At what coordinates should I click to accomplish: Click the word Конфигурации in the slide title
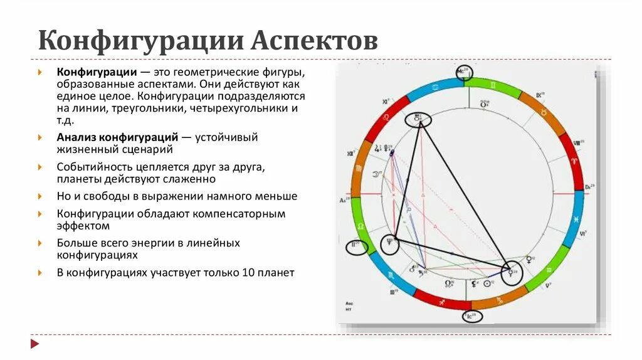(140, 41)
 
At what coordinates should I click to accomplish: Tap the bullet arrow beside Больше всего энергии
(40, 243)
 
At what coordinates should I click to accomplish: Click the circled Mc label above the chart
(463, 72)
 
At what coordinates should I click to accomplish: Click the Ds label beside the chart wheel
(589, 187)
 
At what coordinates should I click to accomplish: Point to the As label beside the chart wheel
(344, 200)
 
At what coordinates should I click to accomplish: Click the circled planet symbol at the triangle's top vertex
(418, 119)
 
